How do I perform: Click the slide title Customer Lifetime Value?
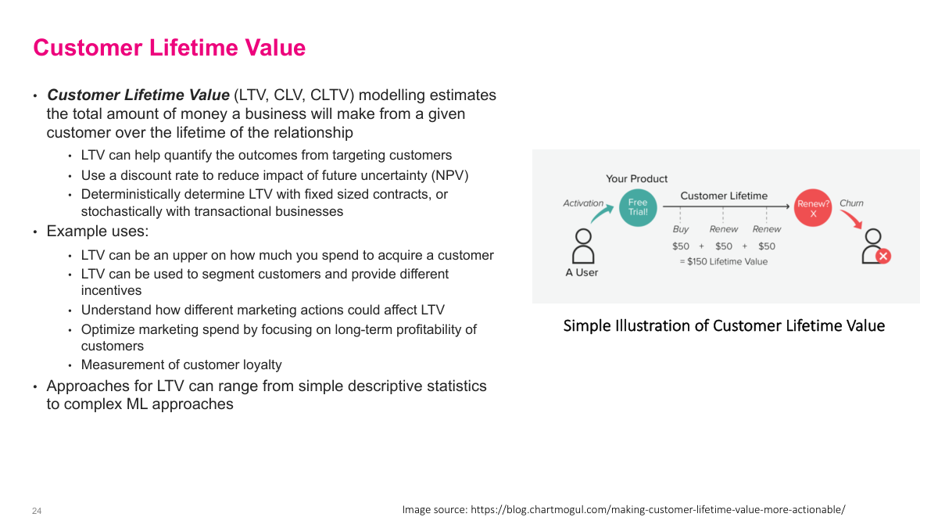click(x=169, y=48)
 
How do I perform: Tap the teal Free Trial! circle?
click(x=638, y=207)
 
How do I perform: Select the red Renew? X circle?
click(x=813, y=208)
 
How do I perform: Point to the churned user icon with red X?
click(x=875, y=246)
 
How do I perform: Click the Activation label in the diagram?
click(x=583, y=203)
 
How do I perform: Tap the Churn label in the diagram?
click(x=851, y=203)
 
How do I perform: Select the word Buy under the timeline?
click(x=680, y=229)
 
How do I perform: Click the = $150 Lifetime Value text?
click(x=723, y=261)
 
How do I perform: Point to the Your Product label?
click(x=636, y=178)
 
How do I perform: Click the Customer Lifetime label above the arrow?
click(x=724, y=196)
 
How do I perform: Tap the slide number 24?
click(x=37, y=511)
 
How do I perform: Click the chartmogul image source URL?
click(x=657, y=509)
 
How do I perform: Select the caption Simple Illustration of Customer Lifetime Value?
click(x=724, y=325)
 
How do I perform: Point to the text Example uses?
click(x=98, y=232)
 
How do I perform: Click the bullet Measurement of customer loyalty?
click(x=181, y=365)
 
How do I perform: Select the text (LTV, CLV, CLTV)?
click(x=293, y=95)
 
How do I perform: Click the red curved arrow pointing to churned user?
click(x=853, y=219)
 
